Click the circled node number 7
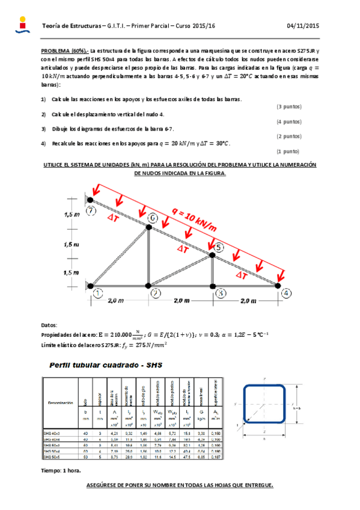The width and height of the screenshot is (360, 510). (x=91, y=211)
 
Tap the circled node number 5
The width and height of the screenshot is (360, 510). (x=219, y=247)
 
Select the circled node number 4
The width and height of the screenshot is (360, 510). (x=287, y=293)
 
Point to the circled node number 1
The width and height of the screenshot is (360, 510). (x=98, y=293)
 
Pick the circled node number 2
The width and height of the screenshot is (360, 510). (x=156, y=293)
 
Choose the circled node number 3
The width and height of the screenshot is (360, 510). (x=222, y=293)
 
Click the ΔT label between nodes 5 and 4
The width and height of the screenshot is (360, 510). (x=241, y=274)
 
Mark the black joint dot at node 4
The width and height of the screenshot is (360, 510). (x=278, y=285)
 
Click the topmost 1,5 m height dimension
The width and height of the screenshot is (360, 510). (x=72, y=214)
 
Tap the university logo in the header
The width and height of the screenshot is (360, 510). (x=22, y=25)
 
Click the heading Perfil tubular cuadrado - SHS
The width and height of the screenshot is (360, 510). (x=102, y=365)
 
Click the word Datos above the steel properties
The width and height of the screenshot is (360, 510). (x=49, y=324)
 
